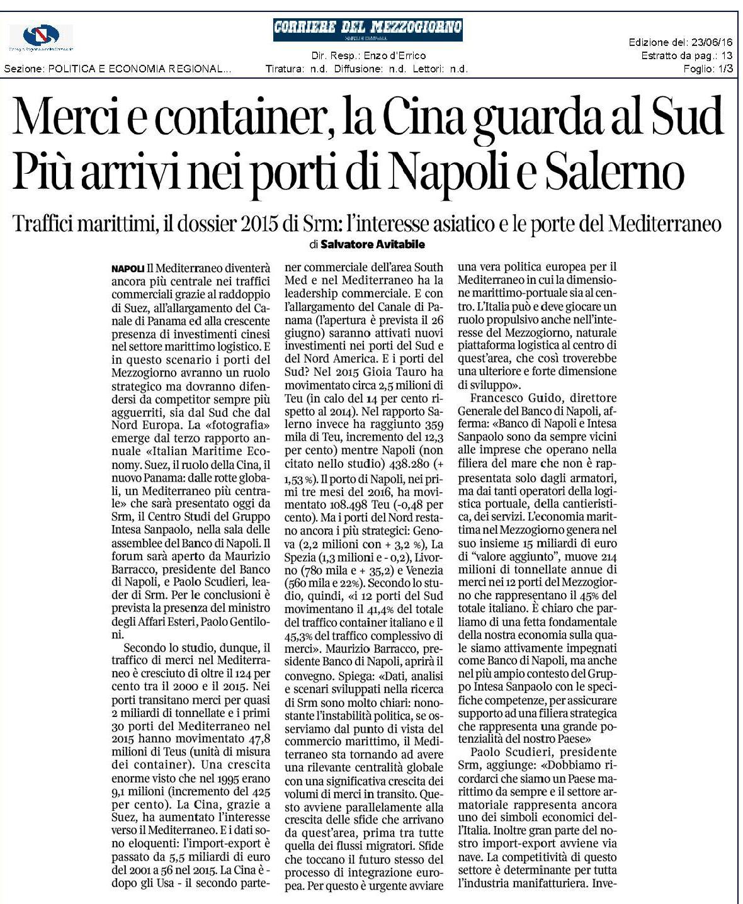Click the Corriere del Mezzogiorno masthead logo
coord(368,29)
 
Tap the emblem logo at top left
coord(40,37)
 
